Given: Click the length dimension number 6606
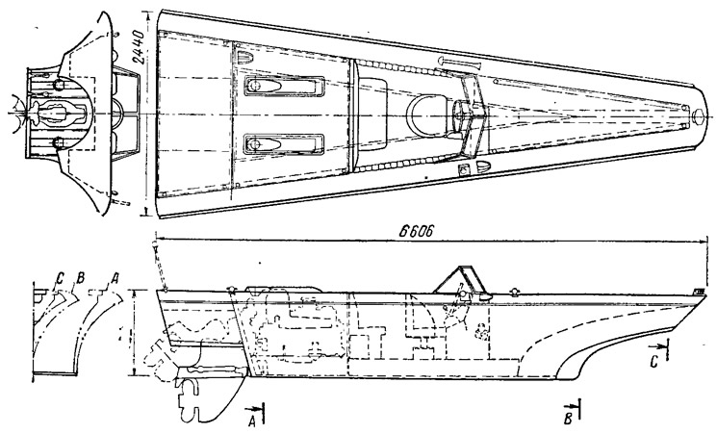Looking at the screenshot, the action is point(415,231).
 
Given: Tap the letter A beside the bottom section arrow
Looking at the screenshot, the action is point(251,422).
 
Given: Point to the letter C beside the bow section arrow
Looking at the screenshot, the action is point(654,362).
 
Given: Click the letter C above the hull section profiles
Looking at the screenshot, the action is point(60,277).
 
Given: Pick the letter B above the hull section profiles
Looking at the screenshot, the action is point(81,277).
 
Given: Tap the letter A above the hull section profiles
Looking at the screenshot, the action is point(115,277).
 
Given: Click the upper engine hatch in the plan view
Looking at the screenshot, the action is point(284,87).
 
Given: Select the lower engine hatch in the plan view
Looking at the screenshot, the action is point(284,144).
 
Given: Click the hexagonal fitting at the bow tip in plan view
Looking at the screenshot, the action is point(698,115).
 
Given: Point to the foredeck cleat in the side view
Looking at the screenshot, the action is point(515,292).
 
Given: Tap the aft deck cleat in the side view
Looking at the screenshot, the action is point(231,289).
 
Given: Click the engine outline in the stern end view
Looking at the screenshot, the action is point(61,112).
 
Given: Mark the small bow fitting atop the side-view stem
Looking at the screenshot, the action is point(699,291).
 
